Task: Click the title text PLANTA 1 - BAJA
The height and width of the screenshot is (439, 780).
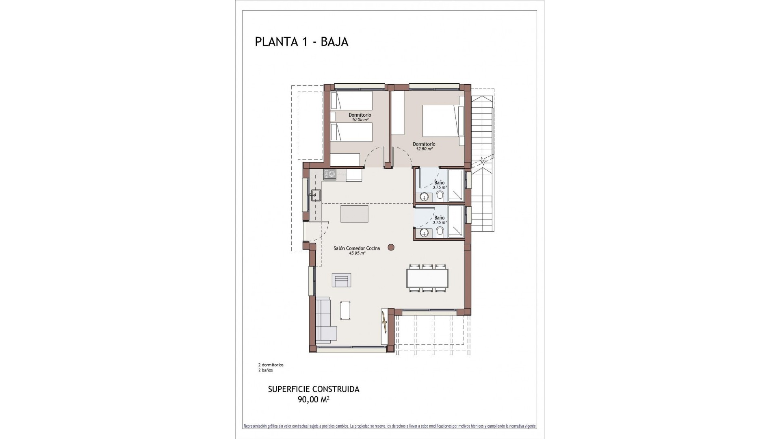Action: pos(301,42)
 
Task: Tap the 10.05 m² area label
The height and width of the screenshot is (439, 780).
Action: pos(360,120)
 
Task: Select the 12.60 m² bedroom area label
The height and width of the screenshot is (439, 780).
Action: pos(424,149)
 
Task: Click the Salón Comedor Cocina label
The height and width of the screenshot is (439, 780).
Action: pos(357,248)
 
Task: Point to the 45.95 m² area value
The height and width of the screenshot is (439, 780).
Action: pos(357,253)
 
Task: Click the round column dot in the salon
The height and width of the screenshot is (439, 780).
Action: pos(391,247)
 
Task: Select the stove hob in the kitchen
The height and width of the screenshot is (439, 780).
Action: pos(329,175)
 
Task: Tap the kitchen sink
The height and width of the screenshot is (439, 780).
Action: pos(316,196)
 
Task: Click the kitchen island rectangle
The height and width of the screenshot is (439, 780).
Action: pos(355,214)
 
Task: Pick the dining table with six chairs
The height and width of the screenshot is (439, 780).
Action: pos(429,278)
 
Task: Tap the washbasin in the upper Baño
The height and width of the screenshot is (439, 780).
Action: pos(424,197)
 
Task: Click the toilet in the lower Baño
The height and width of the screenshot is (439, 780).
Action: pos(440,232)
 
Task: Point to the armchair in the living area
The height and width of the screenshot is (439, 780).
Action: pos(342,280)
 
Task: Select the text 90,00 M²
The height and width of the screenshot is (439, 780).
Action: pos(313,400)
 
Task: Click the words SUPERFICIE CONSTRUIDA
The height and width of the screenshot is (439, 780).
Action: pos(314,389)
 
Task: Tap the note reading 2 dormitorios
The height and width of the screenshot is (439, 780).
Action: pos(271,365)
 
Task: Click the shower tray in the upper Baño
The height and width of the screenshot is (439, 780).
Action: pos(456,186)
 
